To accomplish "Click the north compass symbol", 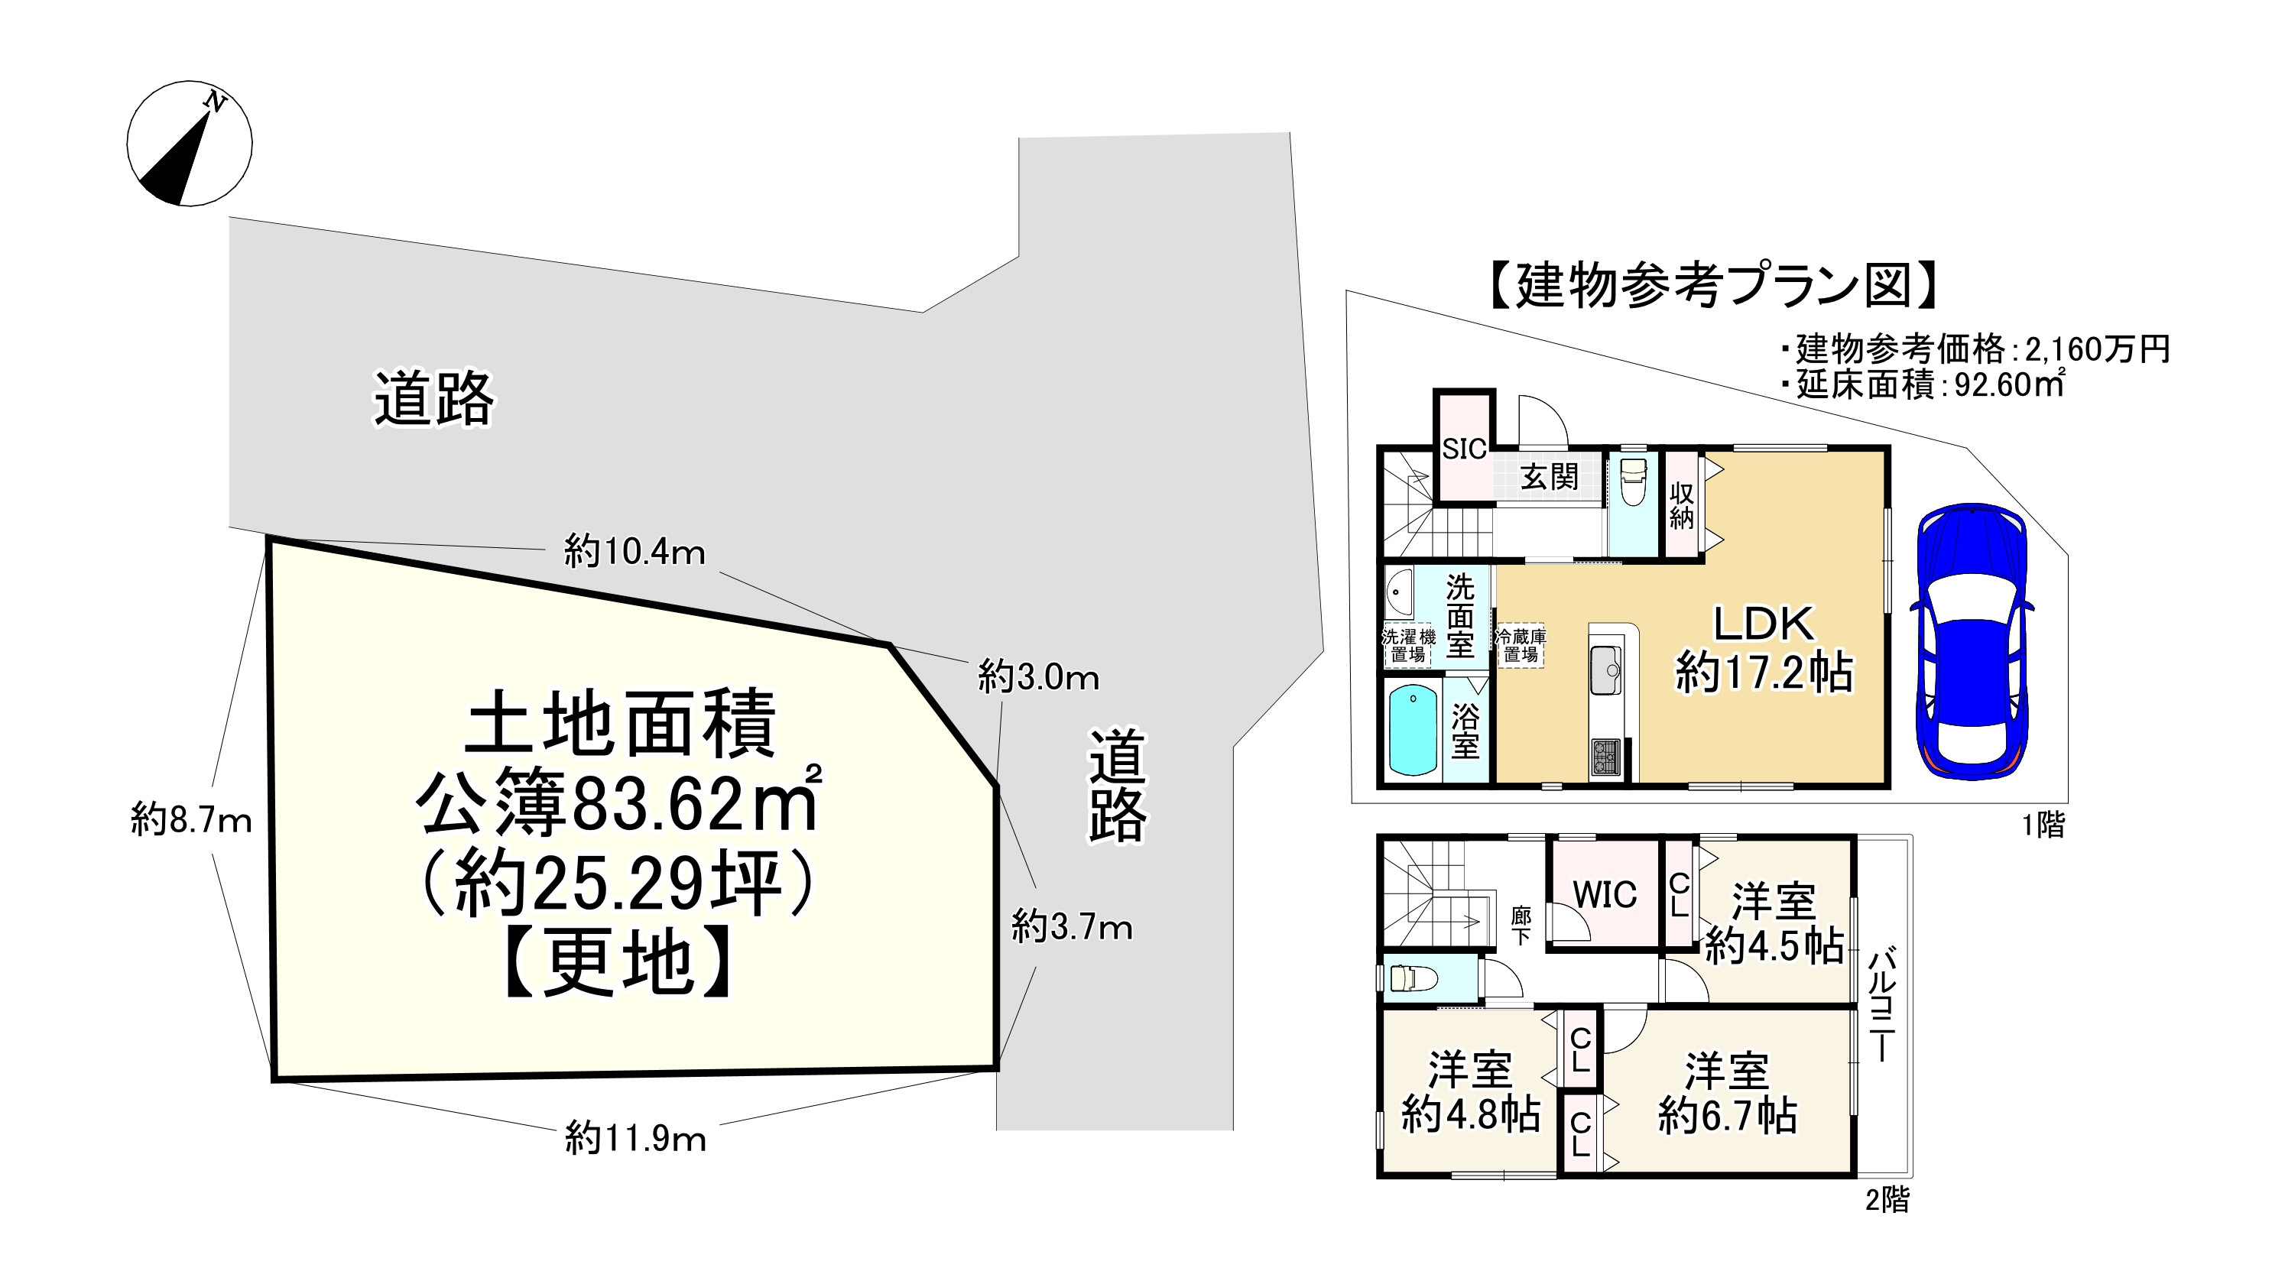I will click(x=190, y=144).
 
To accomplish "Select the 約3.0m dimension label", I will click(x=1038, y=677).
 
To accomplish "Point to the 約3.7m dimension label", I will click(x=1072, y=927).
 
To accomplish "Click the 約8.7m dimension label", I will click(x=191, y=821).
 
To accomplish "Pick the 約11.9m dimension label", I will click(x=635, y=1139).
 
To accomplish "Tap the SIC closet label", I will click(x=1464, y=450).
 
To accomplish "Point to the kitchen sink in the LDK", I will click(x=1606, y=670).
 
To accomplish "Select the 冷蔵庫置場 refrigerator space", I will click(x=1521, y=646).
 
